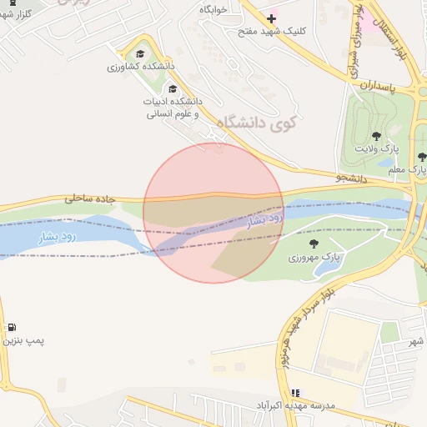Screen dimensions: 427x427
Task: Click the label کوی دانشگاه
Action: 261,123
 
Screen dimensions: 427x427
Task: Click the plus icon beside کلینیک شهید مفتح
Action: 271,18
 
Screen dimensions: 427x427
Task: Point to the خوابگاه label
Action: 213,8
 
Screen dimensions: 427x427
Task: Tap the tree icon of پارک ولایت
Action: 376,135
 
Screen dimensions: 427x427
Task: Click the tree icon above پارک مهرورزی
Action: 314,244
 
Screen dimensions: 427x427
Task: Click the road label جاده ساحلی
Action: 88,198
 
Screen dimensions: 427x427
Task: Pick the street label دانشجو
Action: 351,178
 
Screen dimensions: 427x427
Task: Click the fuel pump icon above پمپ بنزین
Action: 12,327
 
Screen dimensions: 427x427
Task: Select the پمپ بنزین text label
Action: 23,340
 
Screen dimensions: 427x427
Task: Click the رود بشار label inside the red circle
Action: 267,219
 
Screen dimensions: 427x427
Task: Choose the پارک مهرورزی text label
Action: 310,258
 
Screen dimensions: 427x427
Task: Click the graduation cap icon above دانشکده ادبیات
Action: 173,89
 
